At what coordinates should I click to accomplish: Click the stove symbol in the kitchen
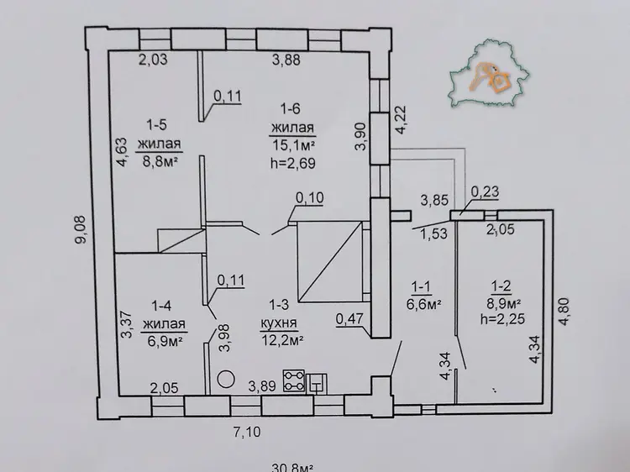click(294, 380)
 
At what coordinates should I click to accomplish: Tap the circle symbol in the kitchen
click(226, 379)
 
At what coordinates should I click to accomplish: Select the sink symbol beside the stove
click(317, 384)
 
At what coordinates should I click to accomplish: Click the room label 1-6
click(291, 109)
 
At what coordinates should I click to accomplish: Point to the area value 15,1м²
click(293, 145)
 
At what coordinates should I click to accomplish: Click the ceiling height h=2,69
click(293, 163)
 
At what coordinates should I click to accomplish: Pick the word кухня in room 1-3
click(279, 323)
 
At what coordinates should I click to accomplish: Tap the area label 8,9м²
click(504, 303)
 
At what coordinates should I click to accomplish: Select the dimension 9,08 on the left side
click(81, 229)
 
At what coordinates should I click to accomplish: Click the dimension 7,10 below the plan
click(247, 433)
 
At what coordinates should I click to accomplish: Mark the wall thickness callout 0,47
click(349, 319)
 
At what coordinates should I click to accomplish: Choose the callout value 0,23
click(485, 192)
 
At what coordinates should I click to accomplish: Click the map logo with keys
click(489, 73)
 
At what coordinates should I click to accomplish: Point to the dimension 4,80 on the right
click(564, 311)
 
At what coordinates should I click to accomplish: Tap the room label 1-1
click(421, 287)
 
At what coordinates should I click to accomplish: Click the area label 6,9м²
click(165, 341)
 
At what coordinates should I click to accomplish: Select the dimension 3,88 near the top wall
click(286, 60)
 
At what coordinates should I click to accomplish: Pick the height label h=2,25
click(502, 319)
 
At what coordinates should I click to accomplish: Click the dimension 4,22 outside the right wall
click(402, 120)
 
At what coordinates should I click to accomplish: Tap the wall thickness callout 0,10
click(310, 197)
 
